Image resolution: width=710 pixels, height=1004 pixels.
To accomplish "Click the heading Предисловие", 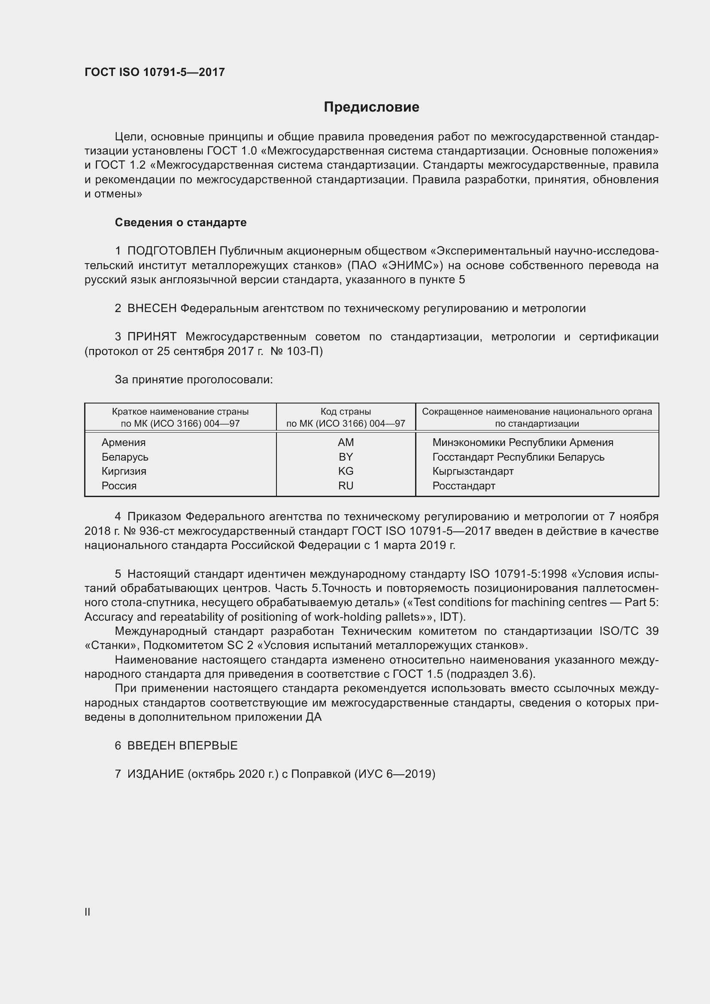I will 371,107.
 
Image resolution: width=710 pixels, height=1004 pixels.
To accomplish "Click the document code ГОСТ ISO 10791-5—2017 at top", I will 155,72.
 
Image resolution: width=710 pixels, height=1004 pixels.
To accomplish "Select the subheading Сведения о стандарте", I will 181,223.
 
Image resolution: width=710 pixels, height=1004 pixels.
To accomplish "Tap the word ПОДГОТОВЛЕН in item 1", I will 171,251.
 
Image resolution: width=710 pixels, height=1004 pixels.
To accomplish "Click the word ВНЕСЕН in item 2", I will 152,308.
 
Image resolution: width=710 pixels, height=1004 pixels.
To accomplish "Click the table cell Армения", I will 124,443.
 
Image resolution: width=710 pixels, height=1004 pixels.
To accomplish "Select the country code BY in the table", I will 346,457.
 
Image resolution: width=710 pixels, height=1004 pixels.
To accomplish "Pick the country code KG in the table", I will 346,471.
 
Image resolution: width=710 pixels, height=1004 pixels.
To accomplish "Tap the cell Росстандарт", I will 464,486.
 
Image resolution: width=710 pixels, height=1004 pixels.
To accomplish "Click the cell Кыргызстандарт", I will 473,471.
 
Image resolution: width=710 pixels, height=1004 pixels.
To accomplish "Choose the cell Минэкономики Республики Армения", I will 522,443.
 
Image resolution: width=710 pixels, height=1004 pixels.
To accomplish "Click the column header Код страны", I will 346,412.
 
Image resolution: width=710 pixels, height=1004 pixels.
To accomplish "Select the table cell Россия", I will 119,486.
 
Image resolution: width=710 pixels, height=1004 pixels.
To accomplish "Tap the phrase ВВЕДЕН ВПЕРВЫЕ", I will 182,746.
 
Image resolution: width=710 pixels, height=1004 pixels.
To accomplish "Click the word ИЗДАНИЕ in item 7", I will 155,774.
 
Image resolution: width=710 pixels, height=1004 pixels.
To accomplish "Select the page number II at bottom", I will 88,912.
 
